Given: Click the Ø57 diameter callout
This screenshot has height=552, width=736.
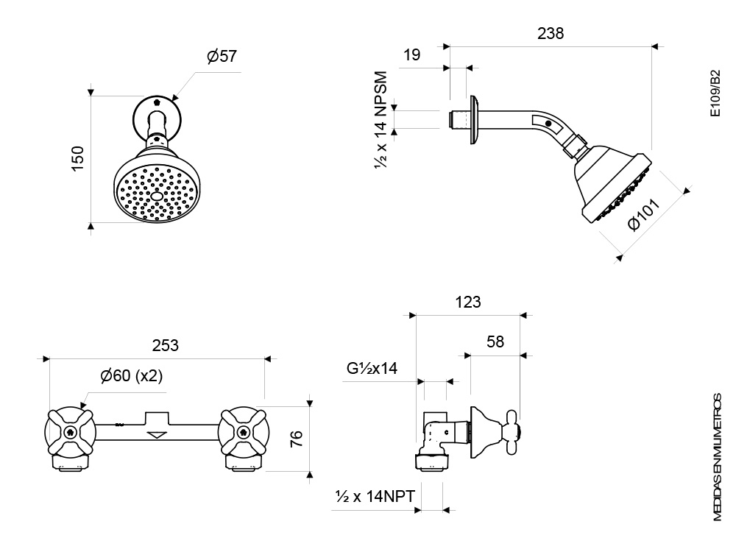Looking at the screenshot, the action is point(222,56).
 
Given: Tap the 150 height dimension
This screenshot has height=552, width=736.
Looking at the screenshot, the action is point(77,159).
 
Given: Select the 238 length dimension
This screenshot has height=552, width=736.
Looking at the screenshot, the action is point(551,33).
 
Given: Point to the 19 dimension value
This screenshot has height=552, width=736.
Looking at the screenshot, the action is point(411,55).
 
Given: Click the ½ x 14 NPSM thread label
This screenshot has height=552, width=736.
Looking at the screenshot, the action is point(381,121).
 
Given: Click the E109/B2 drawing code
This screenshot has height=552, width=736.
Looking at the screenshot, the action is point(715,93).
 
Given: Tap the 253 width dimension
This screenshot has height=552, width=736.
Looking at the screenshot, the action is point(165,345).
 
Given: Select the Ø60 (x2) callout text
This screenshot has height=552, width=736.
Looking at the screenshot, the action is point(132,375).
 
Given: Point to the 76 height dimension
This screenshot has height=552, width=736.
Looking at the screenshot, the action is point(297,439).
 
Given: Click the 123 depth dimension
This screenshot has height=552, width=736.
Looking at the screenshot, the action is point(468,302).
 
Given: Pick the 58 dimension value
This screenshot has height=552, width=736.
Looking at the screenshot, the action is point(495,342).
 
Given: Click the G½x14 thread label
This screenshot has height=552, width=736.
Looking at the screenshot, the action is point(372,368).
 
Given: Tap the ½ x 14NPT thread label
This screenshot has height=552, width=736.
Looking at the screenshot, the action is point(375,496).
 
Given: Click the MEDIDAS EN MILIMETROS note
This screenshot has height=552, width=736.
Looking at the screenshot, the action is point(717,457).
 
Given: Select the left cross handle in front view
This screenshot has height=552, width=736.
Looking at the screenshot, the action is point(70,432).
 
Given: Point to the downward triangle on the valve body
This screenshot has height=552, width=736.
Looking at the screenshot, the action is point(157,435).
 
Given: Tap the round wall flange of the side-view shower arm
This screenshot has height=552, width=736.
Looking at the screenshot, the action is point(474,120).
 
